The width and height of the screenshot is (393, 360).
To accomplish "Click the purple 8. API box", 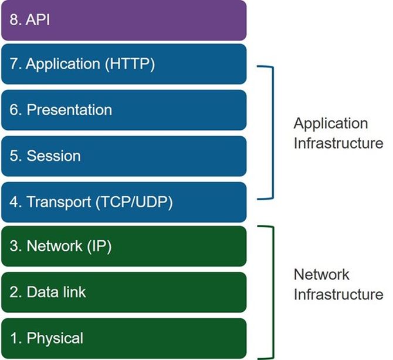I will pos(123,20).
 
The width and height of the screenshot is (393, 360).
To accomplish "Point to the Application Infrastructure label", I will pos(338,133).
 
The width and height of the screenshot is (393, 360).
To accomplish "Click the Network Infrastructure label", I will pos(338,284).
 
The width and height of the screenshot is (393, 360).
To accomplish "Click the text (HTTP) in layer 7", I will pos(130,63).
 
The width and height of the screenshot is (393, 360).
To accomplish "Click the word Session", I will pos(53,156).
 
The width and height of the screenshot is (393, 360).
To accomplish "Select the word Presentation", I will pos(69,110).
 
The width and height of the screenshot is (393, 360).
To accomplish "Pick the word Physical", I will pos(55,338).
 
